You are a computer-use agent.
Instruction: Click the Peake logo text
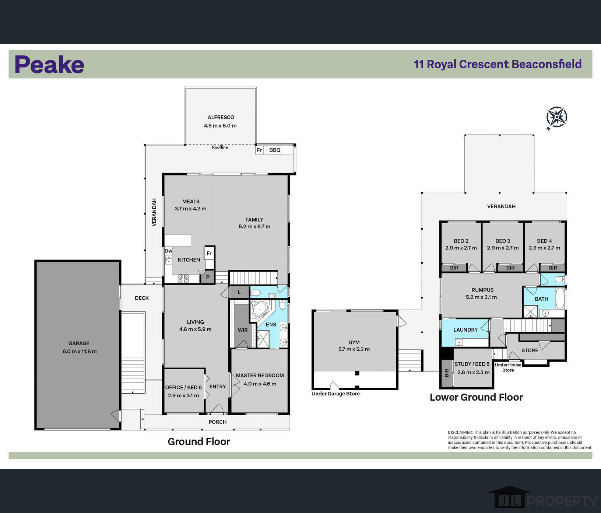pos(49,64)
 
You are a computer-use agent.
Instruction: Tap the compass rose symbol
pos(556,118)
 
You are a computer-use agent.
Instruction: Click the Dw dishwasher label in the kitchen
pos(168,251)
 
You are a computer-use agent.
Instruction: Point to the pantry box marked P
pos(208,277)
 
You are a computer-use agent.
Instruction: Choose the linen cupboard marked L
pos(239,292)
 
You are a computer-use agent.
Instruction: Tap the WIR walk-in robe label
pos(243,330)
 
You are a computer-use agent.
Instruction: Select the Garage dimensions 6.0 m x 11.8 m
pos(80,351)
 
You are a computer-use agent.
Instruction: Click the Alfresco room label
pos(221,117)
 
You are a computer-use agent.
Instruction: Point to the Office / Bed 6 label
pos(183,387)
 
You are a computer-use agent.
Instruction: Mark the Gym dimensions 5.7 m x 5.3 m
pos(354,349)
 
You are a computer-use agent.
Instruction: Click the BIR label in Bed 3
pos(510,268)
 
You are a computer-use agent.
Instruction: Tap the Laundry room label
pos(465,330)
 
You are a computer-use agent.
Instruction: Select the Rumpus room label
pos(482,290)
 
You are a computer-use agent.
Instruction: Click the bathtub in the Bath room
pos(560,298)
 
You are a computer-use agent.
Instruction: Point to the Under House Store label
pos(508,367)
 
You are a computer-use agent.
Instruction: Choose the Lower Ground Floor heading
pos(476,397)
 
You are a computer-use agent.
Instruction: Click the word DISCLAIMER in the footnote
pos(460,432)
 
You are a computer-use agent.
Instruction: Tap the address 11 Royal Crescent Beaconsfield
pos(498,64)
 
